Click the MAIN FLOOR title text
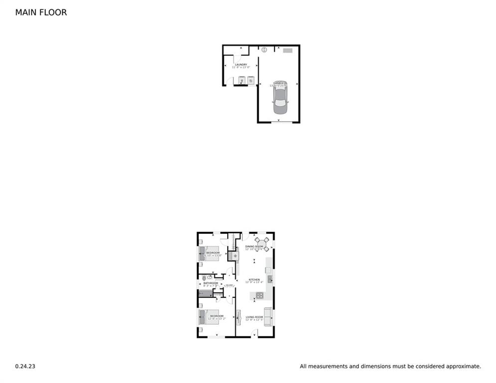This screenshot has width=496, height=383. click(41, 12)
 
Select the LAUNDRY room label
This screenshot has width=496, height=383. click(241, 65)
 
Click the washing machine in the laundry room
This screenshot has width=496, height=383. click(242, 80)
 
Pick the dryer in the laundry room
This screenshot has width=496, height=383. click(251, 80)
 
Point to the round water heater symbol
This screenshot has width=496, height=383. click(264, 50)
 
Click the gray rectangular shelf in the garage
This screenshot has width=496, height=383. click(288, 50)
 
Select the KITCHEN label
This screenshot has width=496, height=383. click(254, 280)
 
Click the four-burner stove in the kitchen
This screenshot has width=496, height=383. click(260, 296)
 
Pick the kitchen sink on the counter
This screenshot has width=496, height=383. click(269, 278)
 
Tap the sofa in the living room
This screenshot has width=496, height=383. click(268, 317)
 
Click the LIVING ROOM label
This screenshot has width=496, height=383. click(254, 317)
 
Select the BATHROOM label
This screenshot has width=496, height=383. click(210, 283)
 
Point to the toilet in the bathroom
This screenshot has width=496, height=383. click(204, 278)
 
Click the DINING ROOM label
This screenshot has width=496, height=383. click(254, 246)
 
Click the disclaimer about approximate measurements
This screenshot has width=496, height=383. click(390, 367)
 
